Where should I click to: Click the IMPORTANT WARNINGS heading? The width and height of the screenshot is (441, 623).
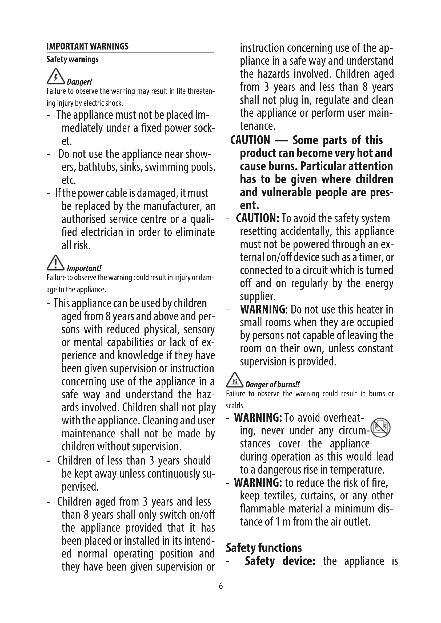pos(87,46)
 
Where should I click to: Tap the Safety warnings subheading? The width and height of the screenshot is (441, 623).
pos(72,59)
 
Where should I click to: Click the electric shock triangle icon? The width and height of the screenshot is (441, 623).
pos(56,76)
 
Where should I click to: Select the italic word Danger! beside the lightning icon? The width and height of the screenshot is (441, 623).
pos(79,82)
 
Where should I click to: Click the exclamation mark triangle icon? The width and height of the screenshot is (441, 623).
pos(55,263)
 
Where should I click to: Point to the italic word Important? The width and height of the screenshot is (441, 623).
pos(84,268)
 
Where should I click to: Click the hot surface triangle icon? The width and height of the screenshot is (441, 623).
pos(235,380)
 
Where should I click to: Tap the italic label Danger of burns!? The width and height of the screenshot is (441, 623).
pos(272,385)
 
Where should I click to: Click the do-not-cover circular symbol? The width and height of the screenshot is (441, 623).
pos(380,427)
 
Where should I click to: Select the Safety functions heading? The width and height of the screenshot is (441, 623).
pos(264,548)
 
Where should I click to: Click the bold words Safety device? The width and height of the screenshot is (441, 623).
pos(280,561)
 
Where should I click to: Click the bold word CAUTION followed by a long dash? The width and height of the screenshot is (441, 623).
pos(250,140)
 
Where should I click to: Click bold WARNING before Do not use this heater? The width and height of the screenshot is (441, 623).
pos(262,309)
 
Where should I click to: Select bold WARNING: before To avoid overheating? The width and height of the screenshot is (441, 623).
pos(258,418)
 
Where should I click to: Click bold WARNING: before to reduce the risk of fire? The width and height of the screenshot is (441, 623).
pos(258,483)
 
